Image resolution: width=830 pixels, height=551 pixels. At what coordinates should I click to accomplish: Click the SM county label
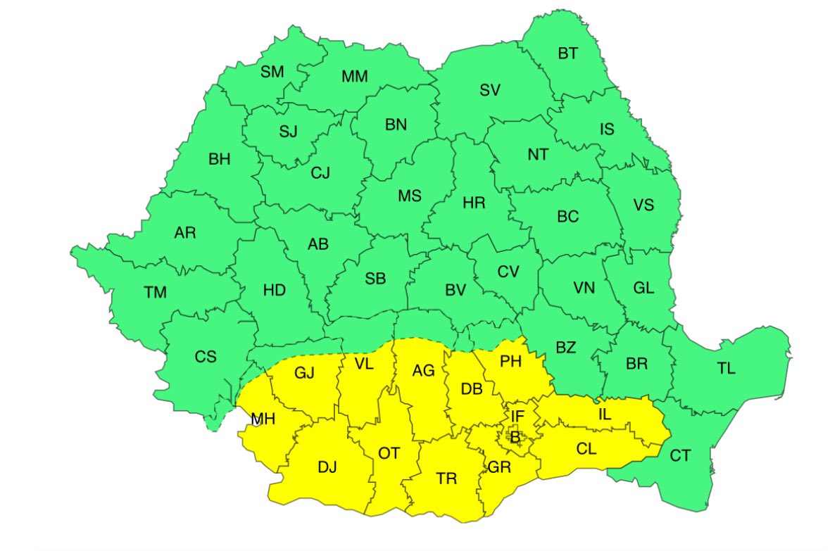(x=272, y=71)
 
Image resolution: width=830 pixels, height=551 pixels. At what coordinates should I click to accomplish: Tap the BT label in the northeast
(x=567, y=53)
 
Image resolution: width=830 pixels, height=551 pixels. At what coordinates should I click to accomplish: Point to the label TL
(x=726, y=369)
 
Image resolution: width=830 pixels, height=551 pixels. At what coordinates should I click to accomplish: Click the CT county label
(x=680, y=456)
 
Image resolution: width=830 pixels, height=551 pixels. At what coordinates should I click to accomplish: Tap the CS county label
(x=206, y=357)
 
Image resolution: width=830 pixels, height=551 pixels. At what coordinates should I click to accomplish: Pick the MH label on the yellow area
(x=263, y=420)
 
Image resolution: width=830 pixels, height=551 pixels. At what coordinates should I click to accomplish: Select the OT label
(x=389, y=453)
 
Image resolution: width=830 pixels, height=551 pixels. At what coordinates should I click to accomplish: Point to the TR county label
(x=446, y=479)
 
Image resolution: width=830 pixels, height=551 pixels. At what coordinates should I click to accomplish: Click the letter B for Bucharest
(x=515, y=438)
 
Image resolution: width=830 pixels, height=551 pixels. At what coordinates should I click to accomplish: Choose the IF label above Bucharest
(x=517, y=417)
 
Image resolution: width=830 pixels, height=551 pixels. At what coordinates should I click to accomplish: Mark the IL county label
(x=605, y=414)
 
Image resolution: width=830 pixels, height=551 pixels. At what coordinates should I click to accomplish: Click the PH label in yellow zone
(x=510, y=362)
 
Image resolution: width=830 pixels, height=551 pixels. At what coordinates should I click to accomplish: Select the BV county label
(x=456, y=289)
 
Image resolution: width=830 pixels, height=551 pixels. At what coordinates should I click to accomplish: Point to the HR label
(x=474, y=203)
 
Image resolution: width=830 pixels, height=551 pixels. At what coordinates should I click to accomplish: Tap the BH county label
(x=220, y=160)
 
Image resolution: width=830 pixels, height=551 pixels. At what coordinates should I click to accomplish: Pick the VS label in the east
(x=643, y=205)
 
